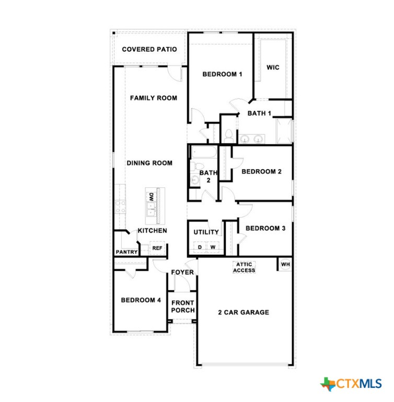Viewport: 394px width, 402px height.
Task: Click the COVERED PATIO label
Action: pyautogui.click(x=149, y=49)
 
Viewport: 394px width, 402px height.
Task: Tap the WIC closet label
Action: pyautogui.click(x=273, y=68)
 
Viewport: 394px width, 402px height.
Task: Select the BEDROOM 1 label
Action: pyautogui.click(x=222, y=74)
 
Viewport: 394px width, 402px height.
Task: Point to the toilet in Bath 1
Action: pyautogui.click(x=228, y=136)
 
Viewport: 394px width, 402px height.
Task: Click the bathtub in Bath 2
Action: pyautogui.click(x=204, y=152)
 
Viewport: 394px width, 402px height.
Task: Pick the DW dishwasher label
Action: pyautogui.click(x=152, y=197)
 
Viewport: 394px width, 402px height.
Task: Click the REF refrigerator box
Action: pyautogui.click(x=157, y=248)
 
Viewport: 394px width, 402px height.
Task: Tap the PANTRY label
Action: pyautogui.click(x=126, y=252)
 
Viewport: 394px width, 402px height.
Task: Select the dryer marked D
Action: pyautogui.click(x=200, y=247)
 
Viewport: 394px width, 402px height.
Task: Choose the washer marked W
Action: pyautogui.click(x=213, y=247)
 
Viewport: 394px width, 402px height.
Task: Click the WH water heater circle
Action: pyautogui.click(x=285, y=264)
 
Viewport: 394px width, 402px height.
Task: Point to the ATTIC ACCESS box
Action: pyautogui.click(x=244, y=267)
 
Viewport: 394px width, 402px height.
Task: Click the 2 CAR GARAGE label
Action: pyautogui.click(x=244, y=312)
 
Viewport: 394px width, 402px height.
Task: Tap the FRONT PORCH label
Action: pyautogui.click(x=183, y=307)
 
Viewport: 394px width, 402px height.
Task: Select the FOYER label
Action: pyautogui.click(x=182, y=272)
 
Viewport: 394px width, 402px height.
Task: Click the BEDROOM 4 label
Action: pyautogui.click(x=141, y=300)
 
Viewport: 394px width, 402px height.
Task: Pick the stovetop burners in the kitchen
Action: pyautogui.click(x=120, y=207)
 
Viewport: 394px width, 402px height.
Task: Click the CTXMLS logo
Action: pyautogui.click(x=351, y=384)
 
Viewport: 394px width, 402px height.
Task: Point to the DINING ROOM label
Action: pyautogui.click(x=149, y=163)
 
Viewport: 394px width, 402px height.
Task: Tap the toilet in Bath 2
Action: pyautogui.click(x=193, y=166)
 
